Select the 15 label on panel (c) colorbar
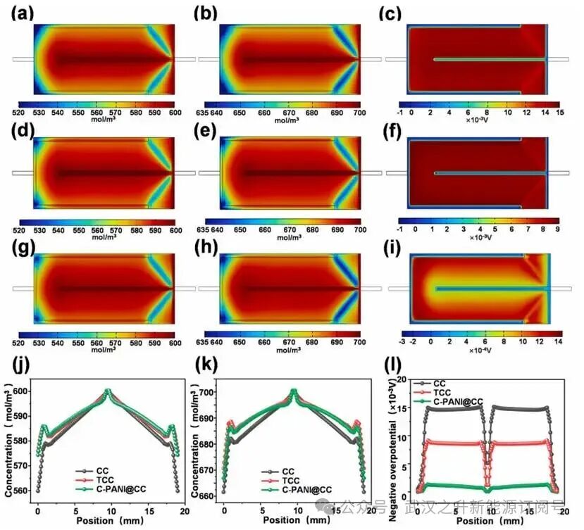558,112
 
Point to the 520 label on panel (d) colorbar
20,230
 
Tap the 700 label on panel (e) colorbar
360,229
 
